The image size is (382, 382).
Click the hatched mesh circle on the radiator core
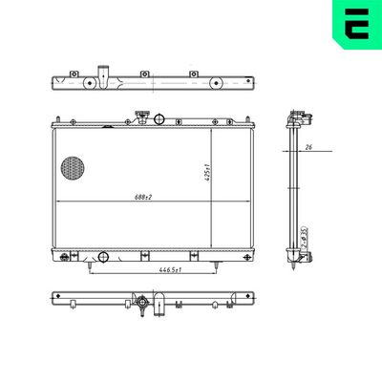73,169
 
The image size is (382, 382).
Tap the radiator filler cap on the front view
141,117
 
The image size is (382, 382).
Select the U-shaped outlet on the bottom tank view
164,308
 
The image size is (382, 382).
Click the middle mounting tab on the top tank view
142,74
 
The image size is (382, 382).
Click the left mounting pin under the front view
92,265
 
